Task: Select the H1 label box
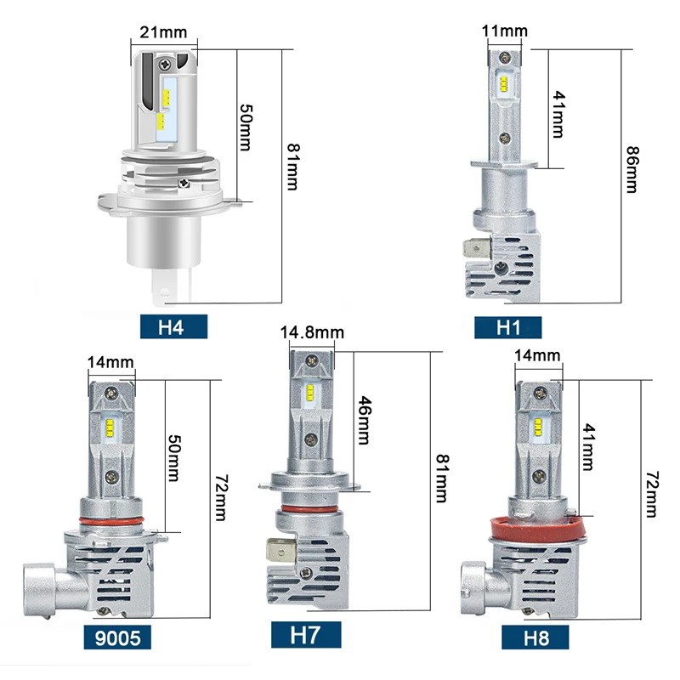pyautogui.click(x=508, y=326)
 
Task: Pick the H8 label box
pyautogui.click(x=535, y=635)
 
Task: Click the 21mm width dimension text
pyautogui.click(x=163, y=33)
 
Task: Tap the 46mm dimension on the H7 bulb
pyautogui.click(x=363, y=420)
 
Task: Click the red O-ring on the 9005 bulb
pyautogui.click(x=110, y=518)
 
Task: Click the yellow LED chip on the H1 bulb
pyautogui.click(x=503, y=83)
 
